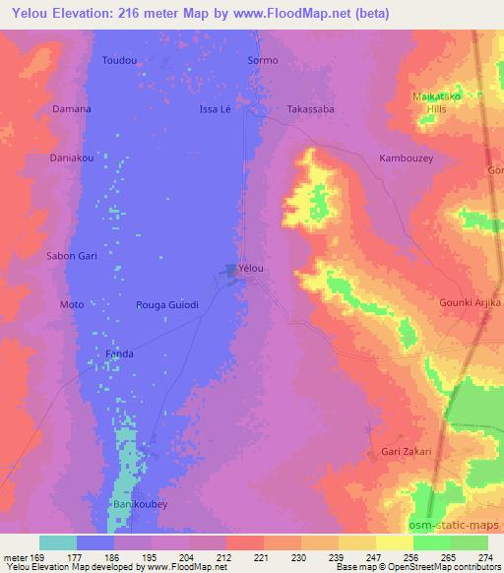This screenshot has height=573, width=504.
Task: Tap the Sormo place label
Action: pyautogui.click(x=263, y=60)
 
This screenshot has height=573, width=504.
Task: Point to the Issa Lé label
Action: pyautogui.click(x=215, y=108)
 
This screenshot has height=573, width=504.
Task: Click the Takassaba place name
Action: pyautogui.click(x=310, y=108)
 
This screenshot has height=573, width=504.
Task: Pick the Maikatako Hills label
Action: pyautogui.click(x=435, y=101)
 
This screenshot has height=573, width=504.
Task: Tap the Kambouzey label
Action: pyautogui.click(x=406, y=158)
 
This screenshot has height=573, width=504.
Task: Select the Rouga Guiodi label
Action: pyautogui.click(x=167, y=305)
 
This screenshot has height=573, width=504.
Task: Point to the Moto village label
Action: pyautogui.click(x=72, y=305)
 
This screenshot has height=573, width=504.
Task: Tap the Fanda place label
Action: pyautogui.click(x=119, y=353)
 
